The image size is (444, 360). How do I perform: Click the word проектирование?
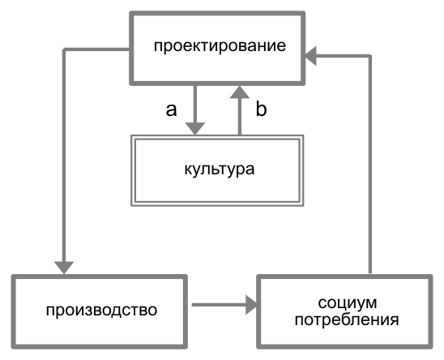tap(220, 46)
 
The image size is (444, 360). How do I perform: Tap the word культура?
tap(220, 169)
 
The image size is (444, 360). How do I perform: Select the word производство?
tap(101, 311)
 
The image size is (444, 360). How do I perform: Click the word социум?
tap(348, 303)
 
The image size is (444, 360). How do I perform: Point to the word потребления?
tap(347, 320)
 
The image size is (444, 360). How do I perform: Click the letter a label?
tap(171, 109)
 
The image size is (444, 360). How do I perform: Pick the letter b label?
tap(261, 109)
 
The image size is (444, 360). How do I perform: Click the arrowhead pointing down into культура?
tap(195, 129)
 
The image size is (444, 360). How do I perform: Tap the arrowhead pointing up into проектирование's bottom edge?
tap(240, 92)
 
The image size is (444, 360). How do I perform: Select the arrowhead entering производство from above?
tap(64, 268)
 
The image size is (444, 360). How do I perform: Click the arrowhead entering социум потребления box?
tap(251, 305)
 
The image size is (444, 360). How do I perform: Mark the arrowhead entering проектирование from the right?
tap(310, 56)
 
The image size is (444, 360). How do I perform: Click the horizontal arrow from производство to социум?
tap(224, 305)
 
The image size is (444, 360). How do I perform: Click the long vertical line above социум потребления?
tap(370, 165)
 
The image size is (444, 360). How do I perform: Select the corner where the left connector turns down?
tap(64, 49)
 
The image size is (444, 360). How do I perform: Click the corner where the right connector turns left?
tap(370, 56)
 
